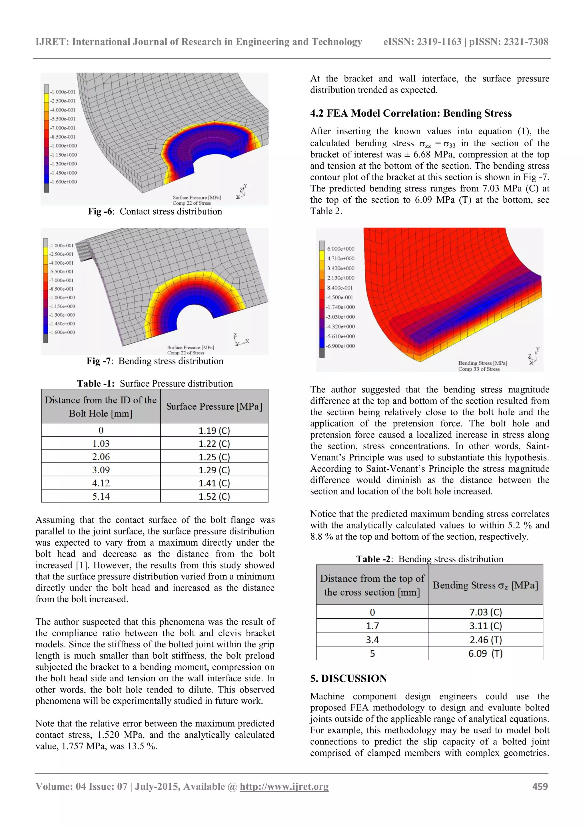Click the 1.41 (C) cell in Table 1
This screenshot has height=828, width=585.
(x=214, y=483)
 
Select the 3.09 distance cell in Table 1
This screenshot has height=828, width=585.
(x=101, y=470)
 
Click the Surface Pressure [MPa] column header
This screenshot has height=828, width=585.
(x=214, y=406)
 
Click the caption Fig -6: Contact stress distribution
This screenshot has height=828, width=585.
(x=155, y=211)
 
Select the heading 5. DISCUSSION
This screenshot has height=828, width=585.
(x=348, y=678)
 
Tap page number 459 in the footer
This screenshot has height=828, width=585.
(x=540, y=787)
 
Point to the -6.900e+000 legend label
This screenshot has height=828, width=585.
(x=340, y=346)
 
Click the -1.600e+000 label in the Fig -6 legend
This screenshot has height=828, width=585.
(x=63, y=182)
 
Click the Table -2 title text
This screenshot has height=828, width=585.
(x=430, y=559)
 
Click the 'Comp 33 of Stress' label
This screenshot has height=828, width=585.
(x=479, y=369)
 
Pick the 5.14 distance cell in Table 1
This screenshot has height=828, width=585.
(x=101, y=496)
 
